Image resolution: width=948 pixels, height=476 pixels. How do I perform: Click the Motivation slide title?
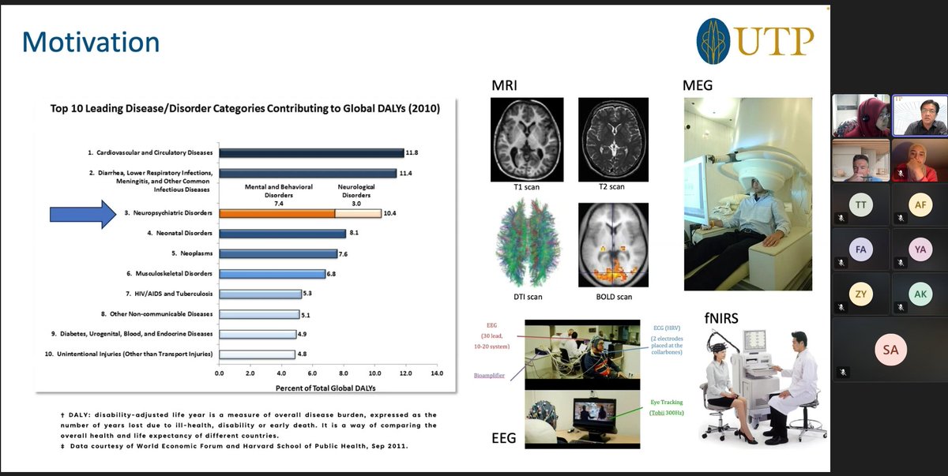[x=91, y=43]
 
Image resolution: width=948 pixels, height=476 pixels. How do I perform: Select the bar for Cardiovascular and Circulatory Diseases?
[x=311, y=153]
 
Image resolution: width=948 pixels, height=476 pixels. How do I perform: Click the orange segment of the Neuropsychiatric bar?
[x=276, y=213]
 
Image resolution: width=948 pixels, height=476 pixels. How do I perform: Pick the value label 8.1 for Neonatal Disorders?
[x=355, y=234]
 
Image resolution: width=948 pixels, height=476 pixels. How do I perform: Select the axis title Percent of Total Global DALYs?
[x=326, y=388]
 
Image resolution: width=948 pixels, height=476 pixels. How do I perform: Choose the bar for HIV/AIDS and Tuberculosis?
[x=260, y=294]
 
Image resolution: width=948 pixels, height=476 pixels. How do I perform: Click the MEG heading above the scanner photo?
[x=697, y=84]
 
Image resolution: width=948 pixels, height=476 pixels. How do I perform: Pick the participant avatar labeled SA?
[x=890, y=349]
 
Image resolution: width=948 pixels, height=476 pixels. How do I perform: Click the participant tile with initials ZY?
[x=860, y=294]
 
